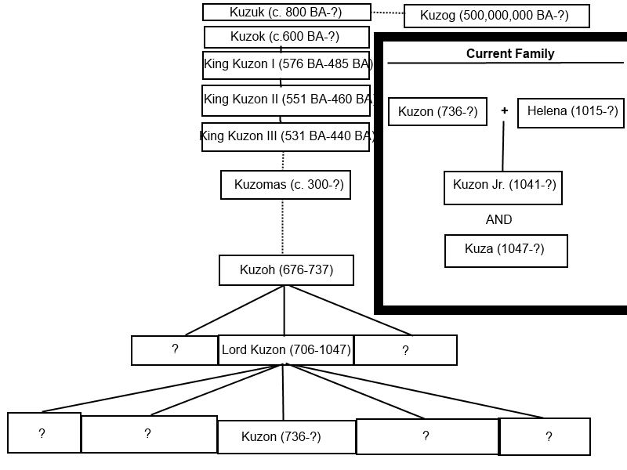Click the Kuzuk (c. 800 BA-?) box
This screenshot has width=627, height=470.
[x=286, y=13]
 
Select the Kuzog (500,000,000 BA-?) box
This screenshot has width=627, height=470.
[x=496, y=16]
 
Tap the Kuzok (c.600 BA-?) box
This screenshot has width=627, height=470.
[x=286, y=37]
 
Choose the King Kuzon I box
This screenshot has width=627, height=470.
[x=286, y=64]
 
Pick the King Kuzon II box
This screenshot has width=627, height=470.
[x=286, y=99]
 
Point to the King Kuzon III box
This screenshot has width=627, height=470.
[x=286, y=136]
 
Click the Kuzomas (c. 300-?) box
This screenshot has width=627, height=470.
[x=285, y=185]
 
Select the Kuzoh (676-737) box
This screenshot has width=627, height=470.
[x=286, y=270]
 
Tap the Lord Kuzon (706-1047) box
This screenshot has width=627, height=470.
[x=286, y=350]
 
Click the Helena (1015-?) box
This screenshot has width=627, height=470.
[x=571, y=112]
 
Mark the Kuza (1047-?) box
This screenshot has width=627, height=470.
[x=506, y=250]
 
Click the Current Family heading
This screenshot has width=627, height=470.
[x=510, y=54]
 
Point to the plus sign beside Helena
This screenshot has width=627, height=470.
[x=504, y=111]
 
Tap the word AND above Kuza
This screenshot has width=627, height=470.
[x=498, y=220]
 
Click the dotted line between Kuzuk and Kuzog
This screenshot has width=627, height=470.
[x=387, y=13]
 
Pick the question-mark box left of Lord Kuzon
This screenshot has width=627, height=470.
[x=174, y=350]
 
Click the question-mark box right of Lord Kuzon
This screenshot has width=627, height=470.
[x=405, y=350]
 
